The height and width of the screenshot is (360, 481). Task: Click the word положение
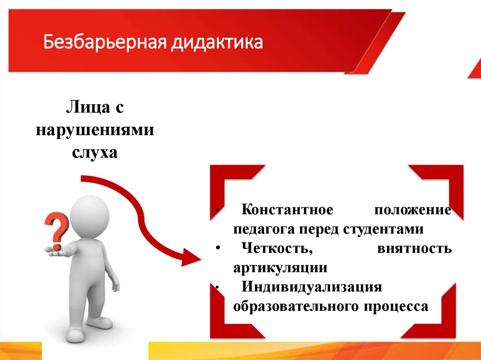click(413, 209)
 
